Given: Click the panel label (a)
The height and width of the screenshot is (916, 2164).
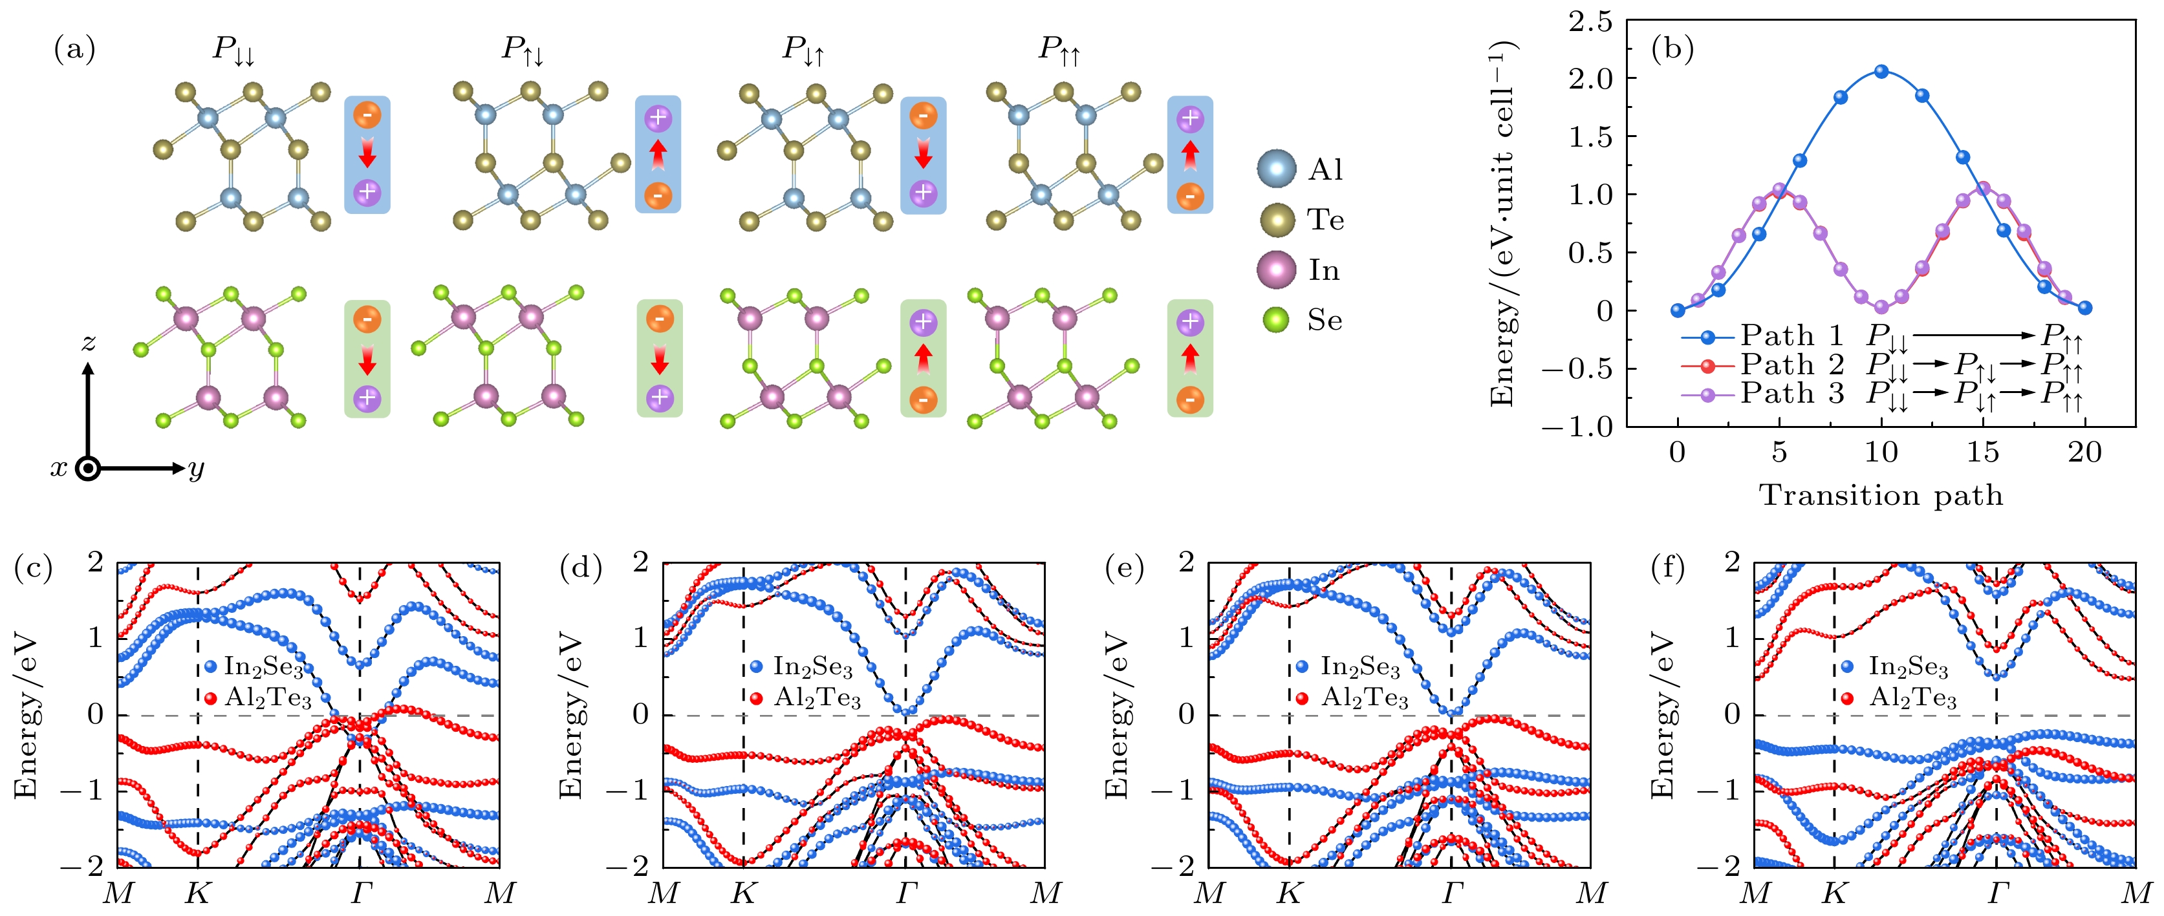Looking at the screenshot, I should pyautogui.click(x=75, y=50).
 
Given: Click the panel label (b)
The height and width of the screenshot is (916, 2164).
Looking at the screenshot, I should pyautogui.click(x=1672, y=50).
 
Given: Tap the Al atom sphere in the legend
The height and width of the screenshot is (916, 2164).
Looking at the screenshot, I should pyautogui.click(x=1277, y=169).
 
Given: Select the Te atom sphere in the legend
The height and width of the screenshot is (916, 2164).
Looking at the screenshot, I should pyautogui.click(x=1277, y=220).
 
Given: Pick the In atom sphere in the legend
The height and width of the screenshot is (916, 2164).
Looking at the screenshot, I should pyautogui.click(x=1277, y=270).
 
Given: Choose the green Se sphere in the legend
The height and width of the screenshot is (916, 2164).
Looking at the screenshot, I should pyautogui.click(x=1277, y=320).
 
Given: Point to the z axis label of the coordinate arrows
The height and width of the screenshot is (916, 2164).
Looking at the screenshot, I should pyautogui.click(x=87, y=343).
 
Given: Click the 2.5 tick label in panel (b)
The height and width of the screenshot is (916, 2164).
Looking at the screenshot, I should pyautogui.click(x=1590, y=22).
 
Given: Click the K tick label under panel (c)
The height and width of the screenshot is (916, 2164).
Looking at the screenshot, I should pyautogui.click(x=197, y=893).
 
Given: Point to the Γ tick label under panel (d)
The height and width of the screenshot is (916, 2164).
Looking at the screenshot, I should pyautogui.click(x=905, y=893).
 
